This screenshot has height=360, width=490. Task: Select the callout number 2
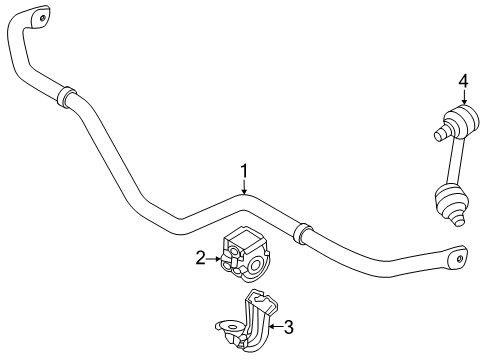point(200,259)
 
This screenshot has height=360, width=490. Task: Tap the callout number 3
point(288,325)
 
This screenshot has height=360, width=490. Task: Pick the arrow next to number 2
point(212,260)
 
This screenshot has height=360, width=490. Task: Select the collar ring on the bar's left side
point(66,96)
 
